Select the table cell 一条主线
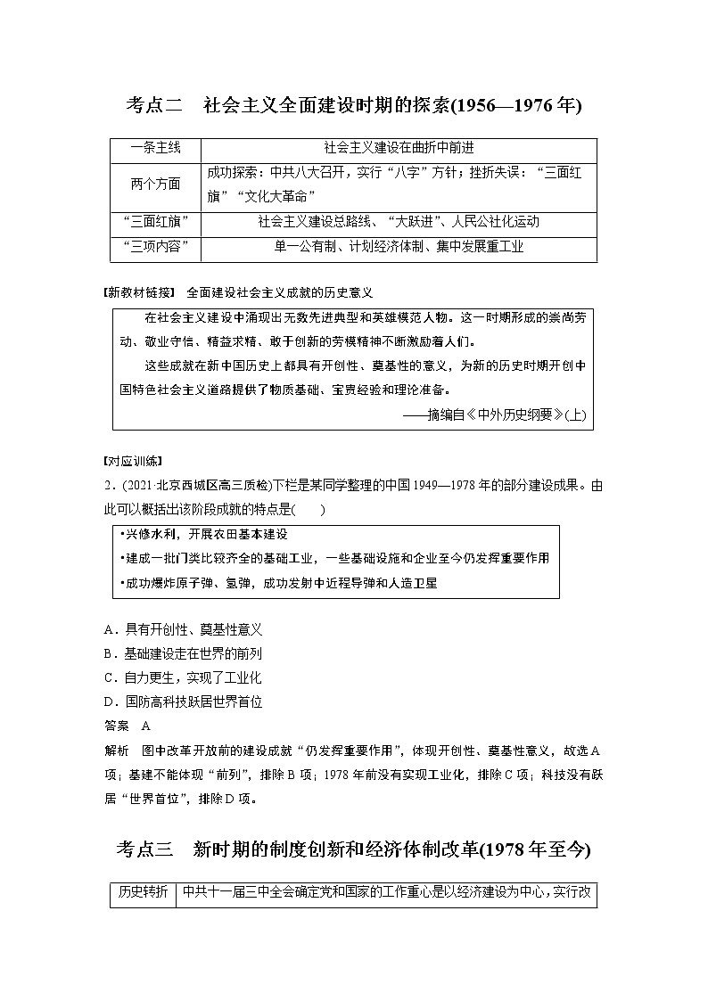(x=155, y=148)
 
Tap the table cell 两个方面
(x=155, y=185)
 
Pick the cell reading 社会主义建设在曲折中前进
(x=398, y=148)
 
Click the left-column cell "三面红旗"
(x=155, y=222)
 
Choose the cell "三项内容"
(x=155, y=247)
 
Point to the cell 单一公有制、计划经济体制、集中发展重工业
(x=398, y=247)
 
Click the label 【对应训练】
(x=133, y=461)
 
